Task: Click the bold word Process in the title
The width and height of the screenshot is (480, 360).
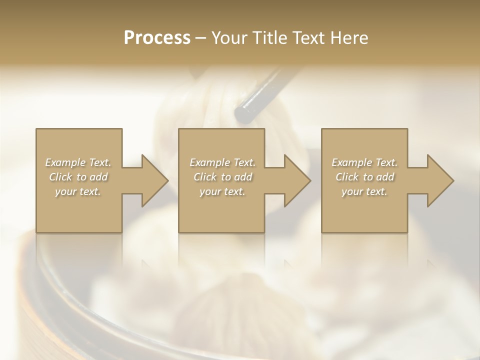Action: point(157,37)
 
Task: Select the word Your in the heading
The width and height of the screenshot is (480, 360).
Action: point(228,37)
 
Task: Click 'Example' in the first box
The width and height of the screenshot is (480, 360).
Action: point(65,162)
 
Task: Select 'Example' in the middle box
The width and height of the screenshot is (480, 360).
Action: point(209,162)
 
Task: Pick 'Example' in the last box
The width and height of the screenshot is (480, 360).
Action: point(351,162)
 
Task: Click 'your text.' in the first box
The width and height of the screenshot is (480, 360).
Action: point(77,191)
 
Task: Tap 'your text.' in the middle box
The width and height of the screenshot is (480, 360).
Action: point(222,191)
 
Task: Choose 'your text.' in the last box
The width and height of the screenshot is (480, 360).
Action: point(364,191)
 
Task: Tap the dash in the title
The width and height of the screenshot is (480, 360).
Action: point(200,38)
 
